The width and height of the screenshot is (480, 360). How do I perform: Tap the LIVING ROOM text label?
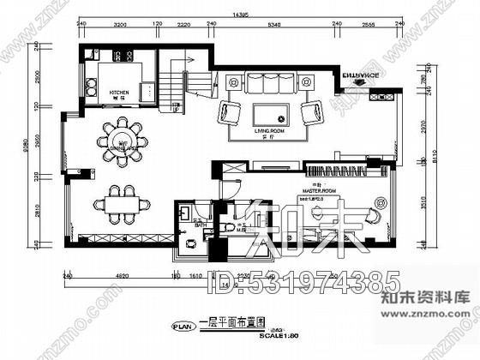click(x=268, y=130)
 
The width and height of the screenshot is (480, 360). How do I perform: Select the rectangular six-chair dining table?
click(x=121, y=202)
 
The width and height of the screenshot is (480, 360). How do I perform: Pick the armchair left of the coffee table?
click(x=231, y=112)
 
